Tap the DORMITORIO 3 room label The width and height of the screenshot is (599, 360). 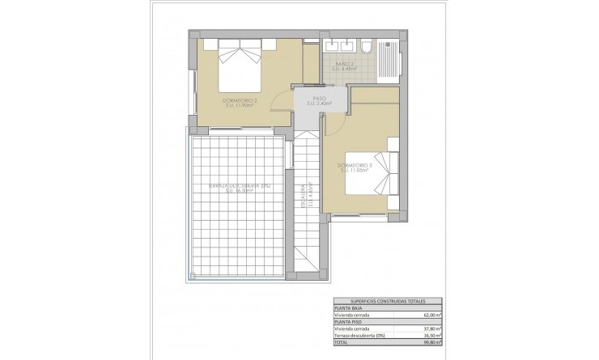(353, 167)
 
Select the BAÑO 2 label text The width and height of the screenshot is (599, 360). (346, 67)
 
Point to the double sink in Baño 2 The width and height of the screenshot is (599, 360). (339, 45)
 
